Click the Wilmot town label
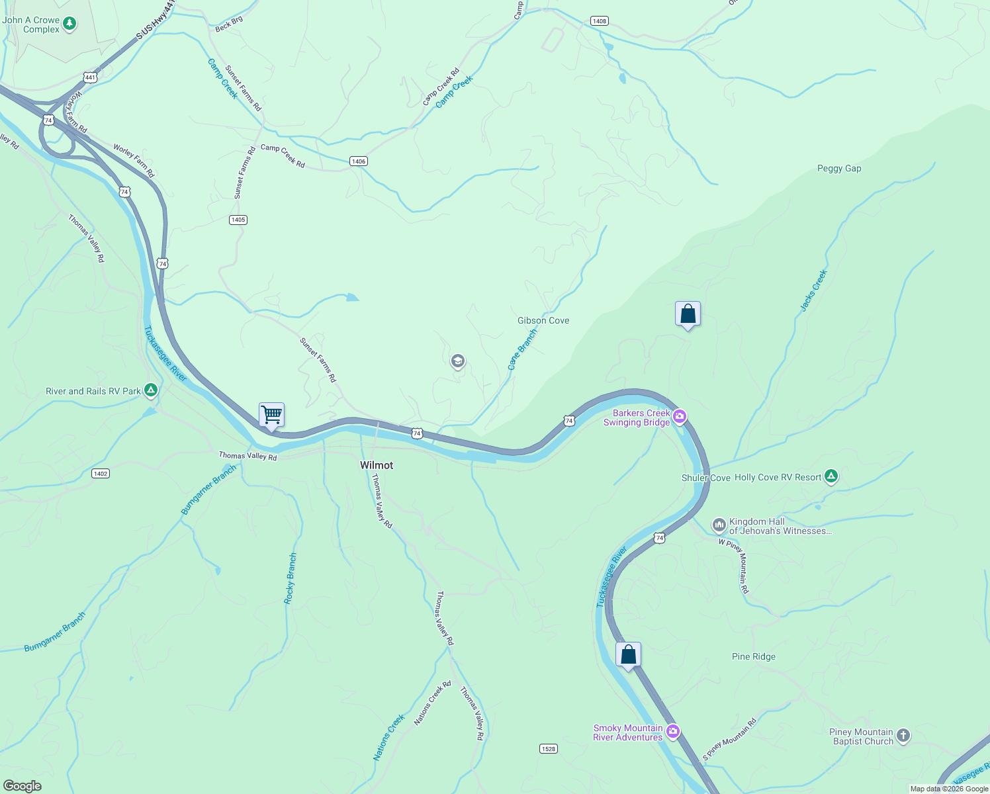pyautogui.click(x=377, y=465)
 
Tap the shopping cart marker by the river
pyautogui.click(x=271, y=416)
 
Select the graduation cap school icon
pyautogui.click(x=457, y=361)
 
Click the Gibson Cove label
pyautogui.click(x=543, y=320)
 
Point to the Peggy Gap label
pyautogui.click(x=839, y=168)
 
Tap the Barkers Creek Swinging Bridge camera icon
pyautogui.click(x=680, y=416)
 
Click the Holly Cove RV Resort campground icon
pyautogui.click(x=831, y=476)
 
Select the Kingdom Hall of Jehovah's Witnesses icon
pyautogui.click(x=719, y=525)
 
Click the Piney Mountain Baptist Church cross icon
pyautogui.click(x=903, y=735)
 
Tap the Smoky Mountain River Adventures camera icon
pyautogui.click(x=673, y=731)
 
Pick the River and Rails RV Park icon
pyautogui.click(x=151, y=390)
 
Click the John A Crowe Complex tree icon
pyautogui.click(x=69, y=24)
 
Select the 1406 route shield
pyautogui.click(x=358, y=161)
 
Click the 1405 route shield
pyautogui.click(x=238, y=220)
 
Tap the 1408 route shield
pyautogui.click(x=600, y=21)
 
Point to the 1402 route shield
pyautogui.click(x=101, y=474)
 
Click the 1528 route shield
pyautogui.click(x=548, y=749)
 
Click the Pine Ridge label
pyautogui.click(x=754, y=656)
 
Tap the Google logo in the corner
pyautogui.click(x=22, y=786)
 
